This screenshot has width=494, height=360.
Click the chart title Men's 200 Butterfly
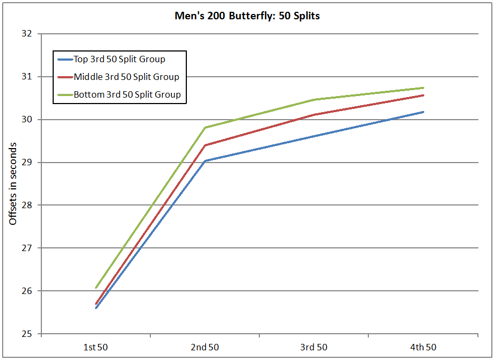click(x=247, y=16)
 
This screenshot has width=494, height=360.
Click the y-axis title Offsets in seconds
click(x=13, y=183)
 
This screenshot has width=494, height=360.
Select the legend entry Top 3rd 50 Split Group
click(x=119, y=59)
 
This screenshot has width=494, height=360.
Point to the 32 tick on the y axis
click(x=28, y=34)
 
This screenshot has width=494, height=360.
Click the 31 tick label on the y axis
click(x=28, y=77)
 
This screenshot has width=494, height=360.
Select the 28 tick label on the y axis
click(x=28, y=205)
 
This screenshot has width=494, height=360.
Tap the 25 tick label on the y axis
click(x=28, y=334)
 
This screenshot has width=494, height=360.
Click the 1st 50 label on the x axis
click(x=96, y=347)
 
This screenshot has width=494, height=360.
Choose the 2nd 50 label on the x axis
click(x=205, y=347)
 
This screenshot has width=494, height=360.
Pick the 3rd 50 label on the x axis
click(x=314, y=347)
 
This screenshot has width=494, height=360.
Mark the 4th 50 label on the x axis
click(x=423, y=347)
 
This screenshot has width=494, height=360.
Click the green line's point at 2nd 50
click(x=205, y=128)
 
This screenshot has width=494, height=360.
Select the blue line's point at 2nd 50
click(x=205, y=161)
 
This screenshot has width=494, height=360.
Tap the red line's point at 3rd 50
click(x=314, y=115)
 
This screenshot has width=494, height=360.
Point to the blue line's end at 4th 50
click(x=423, y=112)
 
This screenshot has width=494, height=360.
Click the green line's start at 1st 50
click(x=96, y=288)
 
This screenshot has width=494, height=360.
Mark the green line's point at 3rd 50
click(x=314, y=99)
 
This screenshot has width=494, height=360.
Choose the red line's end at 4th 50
click(x=423, y=95)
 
